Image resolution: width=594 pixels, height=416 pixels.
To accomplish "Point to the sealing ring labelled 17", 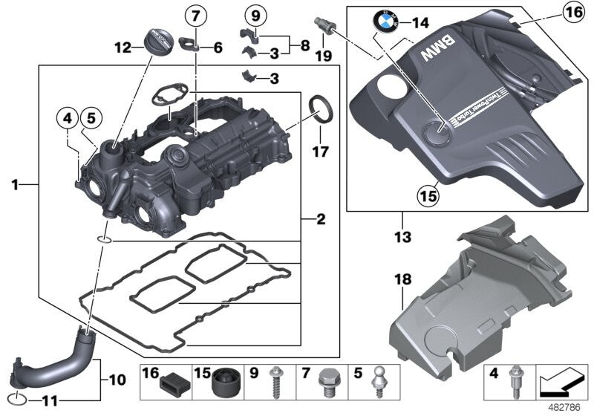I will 321,106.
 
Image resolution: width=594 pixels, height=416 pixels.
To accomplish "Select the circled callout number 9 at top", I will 254,16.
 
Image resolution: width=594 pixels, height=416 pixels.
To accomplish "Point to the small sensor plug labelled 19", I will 324,23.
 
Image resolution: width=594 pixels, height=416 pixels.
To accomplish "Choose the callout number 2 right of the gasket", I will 321,219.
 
